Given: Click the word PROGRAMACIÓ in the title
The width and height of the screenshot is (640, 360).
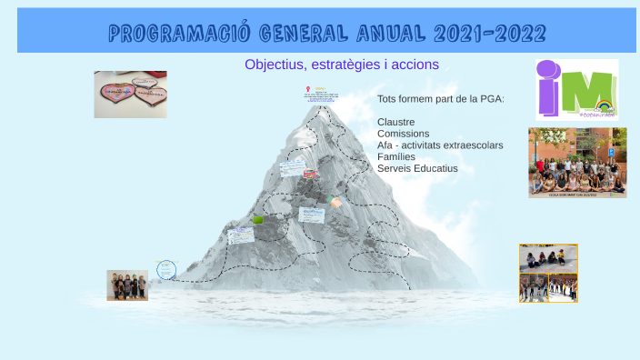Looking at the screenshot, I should pos(178,35).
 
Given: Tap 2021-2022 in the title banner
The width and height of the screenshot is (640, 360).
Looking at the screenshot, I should pos(490,35).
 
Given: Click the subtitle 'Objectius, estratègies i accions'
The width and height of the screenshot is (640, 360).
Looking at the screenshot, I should pos(342,65).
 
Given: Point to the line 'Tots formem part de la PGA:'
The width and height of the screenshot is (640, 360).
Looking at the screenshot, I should pos(440,98).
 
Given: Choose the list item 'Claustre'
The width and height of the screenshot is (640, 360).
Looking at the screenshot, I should pos(395,122).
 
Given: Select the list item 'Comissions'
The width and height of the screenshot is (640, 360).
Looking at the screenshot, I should pos(403,134).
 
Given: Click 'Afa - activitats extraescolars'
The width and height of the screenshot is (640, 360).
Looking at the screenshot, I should pos(440,145).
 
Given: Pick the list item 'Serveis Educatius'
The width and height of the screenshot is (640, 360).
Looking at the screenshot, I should pos(417,168).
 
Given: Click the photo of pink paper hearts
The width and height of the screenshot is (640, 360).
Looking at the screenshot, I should pos(130,95).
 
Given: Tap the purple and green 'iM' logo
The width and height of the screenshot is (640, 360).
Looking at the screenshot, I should pos(575,88).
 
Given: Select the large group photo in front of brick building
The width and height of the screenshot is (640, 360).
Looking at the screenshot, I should pos(577,162).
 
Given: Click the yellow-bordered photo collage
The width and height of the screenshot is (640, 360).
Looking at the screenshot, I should pos(548,273).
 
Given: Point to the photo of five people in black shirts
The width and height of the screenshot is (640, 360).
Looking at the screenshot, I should pos(127,285).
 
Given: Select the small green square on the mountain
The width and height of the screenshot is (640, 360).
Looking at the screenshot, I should pos(258,220).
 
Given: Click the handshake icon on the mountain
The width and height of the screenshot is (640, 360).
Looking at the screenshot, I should pos(335,202).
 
